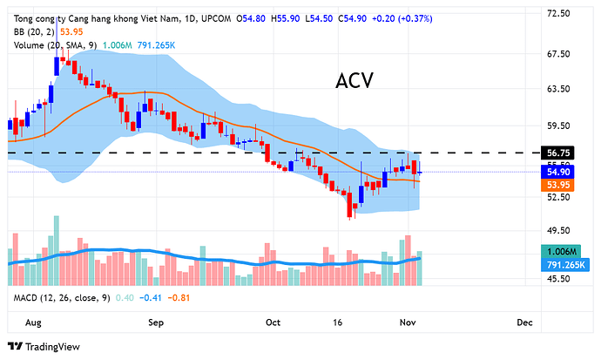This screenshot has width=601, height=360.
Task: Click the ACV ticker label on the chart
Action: pos(355,81)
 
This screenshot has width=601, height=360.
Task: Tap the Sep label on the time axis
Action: pos(157,322)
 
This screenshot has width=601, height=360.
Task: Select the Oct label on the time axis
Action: pos(273,322)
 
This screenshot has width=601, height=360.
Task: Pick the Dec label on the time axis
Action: pos(524,322)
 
